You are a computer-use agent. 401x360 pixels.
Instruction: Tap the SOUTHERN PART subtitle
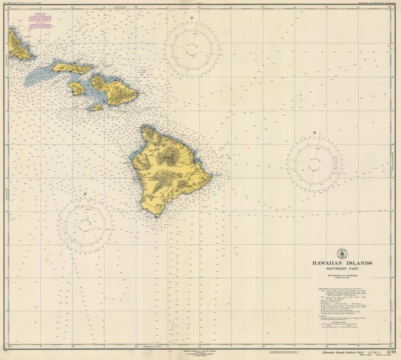(342, 269)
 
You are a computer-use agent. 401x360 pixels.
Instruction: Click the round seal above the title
(342, 253)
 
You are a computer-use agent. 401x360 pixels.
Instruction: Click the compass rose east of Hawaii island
(315, 164)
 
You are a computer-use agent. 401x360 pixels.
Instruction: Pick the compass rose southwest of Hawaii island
(85, 225)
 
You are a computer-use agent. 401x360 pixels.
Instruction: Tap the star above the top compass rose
(191, 18)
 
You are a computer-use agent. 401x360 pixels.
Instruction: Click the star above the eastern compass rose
(315, 133)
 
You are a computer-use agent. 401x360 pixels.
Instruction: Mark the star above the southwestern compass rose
(85, 193)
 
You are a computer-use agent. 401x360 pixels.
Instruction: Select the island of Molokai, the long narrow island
(72, 67)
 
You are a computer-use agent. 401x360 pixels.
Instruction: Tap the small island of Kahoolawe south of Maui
(96, 107)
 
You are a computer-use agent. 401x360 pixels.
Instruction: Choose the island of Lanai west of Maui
(76, 88)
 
